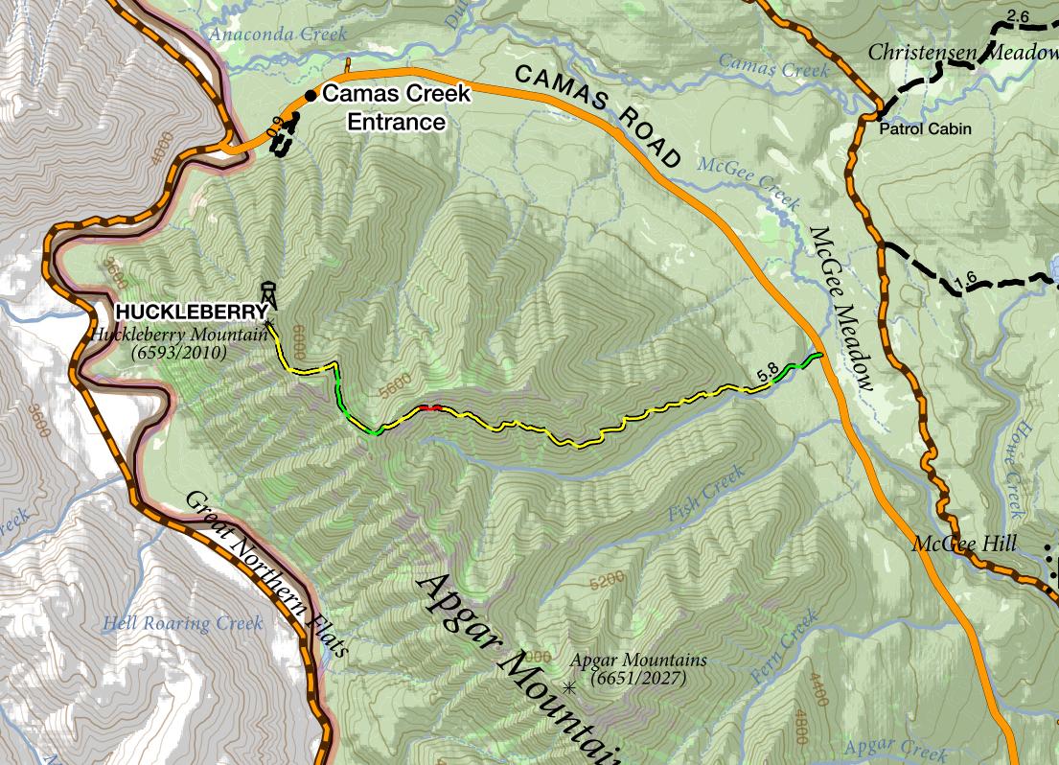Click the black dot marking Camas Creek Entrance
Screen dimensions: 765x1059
click(311, 95)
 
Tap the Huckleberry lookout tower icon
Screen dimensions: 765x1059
click(269, 292)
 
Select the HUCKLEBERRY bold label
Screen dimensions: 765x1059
click(190, 312)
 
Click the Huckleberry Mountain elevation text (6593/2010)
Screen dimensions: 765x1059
click(179, 353)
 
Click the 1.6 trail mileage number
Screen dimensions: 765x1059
click(965, 279)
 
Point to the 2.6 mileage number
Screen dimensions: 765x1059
click(1017, 16)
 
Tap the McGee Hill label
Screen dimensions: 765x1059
click(964, 545)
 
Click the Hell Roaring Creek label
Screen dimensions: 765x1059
click(182, 624)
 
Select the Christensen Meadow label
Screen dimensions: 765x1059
click(962, 53)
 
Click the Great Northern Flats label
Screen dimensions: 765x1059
click(265, 573)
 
